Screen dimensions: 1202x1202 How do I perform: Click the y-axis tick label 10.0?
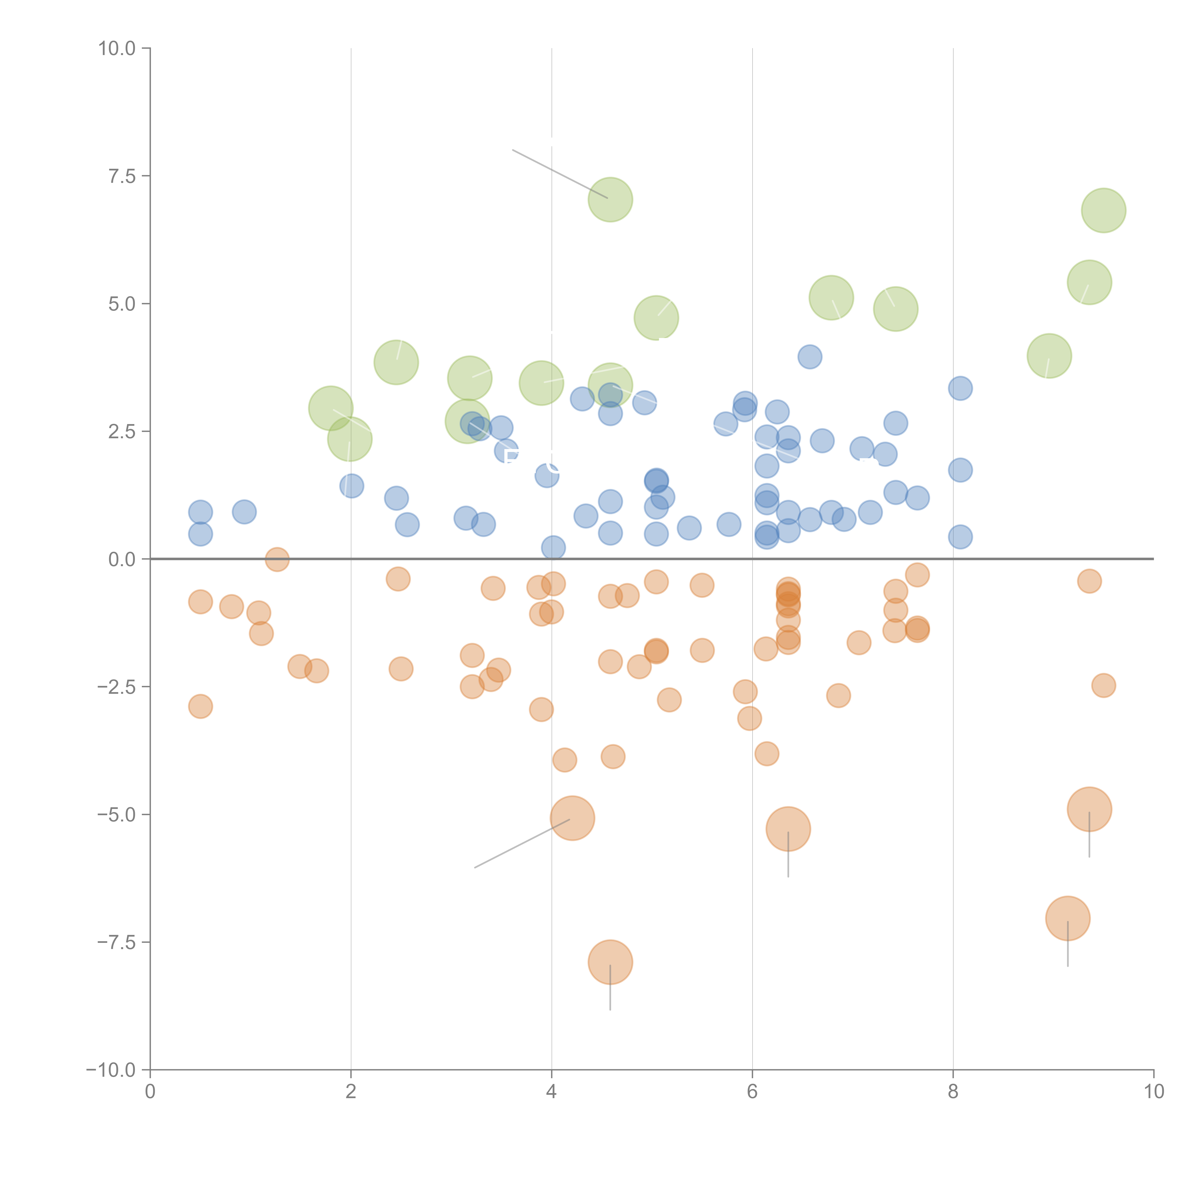coord(117,49)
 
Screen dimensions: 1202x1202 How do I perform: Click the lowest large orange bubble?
coord(610,962)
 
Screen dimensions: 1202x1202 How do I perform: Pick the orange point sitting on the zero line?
coord(277,559)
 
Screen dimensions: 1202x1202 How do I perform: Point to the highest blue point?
coord(809,357)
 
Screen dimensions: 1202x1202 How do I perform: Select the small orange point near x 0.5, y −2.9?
coord(200,706)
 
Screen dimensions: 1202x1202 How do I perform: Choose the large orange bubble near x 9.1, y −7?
coord(1068,918)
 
